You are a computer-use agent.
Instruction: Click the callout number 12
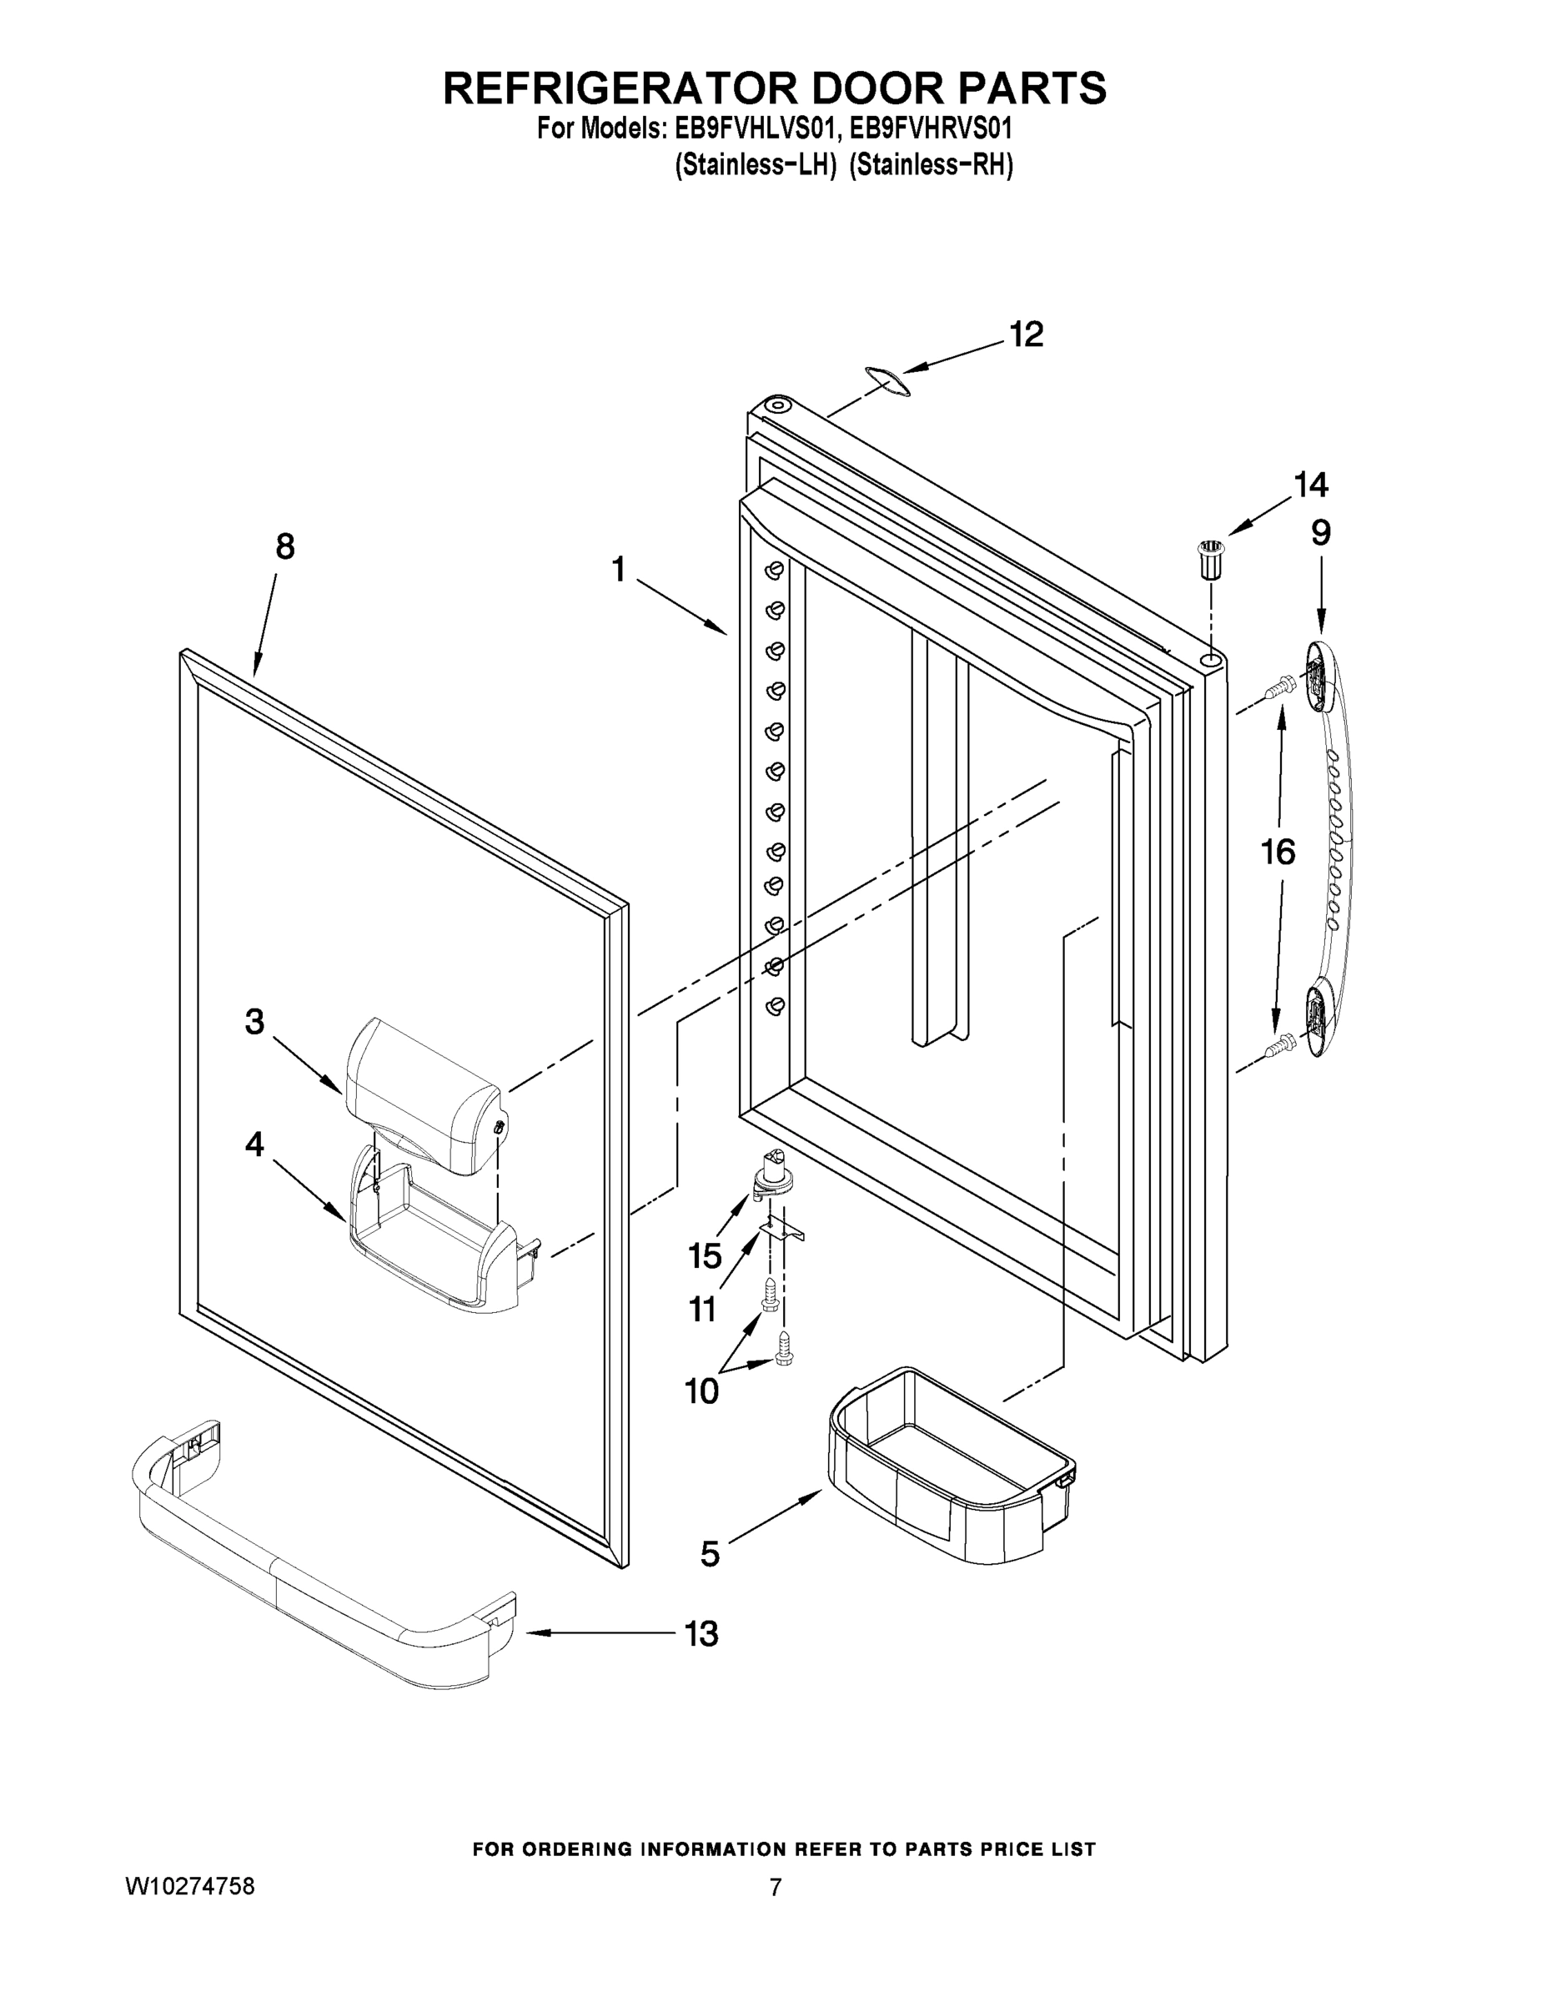coord(1026,335)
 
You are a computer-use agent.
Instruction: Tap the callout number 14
coord(1309,484)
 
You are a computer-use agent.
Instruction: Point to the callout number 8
coord(285,547)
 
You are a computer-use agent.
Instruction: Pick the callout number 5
coord(711,1553)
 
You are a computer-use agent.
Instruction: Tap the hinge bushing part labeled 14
coord(1212,559)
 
